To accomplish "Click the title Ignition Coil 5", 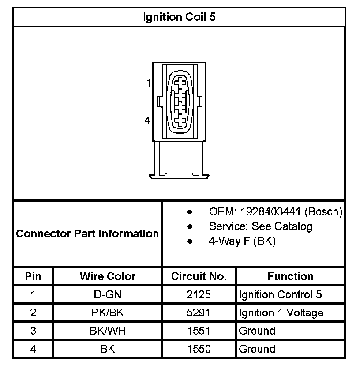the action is tap(180, 17).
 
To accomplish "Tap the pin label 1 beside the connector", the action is tap(149, 83).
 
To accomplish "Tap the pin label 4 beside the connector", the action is tap(147, 120).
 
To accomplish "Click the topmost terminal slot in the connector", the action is tap(180, 82).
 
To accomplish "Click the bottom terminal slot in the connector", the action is tap(180, 120).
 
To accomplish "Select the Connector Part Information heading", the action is tap(87, 233).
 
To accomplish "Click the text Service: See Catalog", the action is tap(260, 226).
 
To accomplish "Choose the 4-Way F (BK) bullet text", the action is tap(242, 241).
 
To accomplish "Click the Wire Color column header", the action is tap(108, 276).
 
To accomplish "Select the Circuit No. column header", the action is tap(199, 276).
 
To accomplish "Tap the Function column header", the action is tap(290, 276).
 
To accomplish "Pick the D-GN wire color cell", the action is tap(108, 295).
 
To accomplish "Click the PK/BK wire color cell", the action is tap(108, 313).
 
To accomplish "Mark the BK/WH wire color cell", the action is tap(108, 331).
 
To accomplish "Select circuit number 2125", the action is tap(199, 295).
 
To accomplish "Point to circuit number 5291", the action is tap(199, 313).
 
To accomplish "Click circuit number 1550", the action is tap(199, 349).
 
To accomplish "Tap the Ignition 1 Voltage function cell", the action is tap(281, 313).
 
